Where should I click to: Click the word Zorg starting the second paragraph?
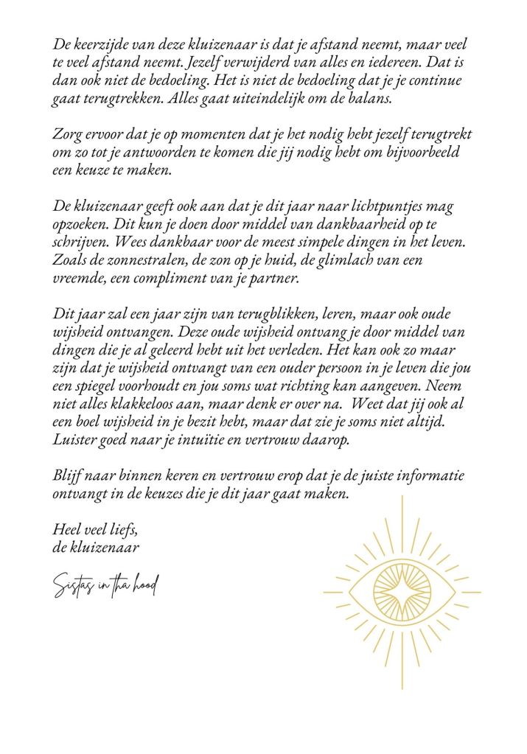click(x=66, y=135)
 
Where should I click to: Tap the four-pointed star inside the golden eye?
click(x=402, y=591)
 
